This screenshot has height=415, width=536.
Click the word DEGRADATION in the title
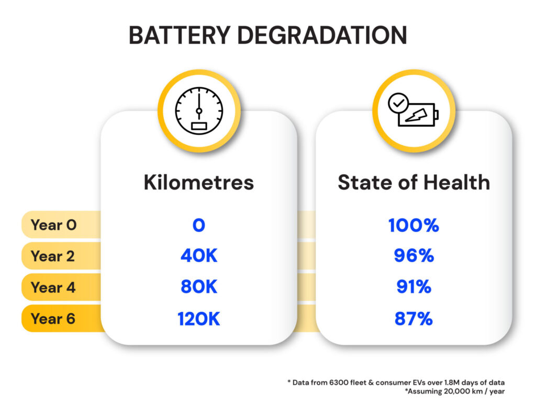325,35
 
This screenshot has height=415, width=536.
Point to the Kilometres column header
198,182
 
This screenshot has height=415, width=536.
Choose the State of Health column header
414,182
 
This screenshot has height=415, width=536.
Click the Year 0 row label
53,225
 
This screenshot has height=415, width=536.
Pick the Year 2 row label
53,256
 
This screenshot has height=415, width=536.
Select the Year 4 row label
53,287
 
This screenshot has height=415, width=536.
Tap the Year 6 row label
53,318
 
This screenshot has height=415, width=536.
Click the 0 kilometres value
198,226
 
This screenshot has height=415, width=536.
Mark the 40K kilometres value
198,256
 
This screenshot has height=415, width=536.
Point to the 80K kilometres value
198,287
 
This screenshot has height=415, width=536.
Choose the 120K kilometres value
198,319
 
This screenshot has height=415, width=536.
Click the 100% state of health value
414,226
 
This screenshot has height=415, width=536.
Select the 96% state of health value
414,256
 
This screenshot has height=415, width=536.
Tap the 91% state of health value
414,287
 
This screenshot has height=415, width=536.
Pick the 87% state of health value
414,319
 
